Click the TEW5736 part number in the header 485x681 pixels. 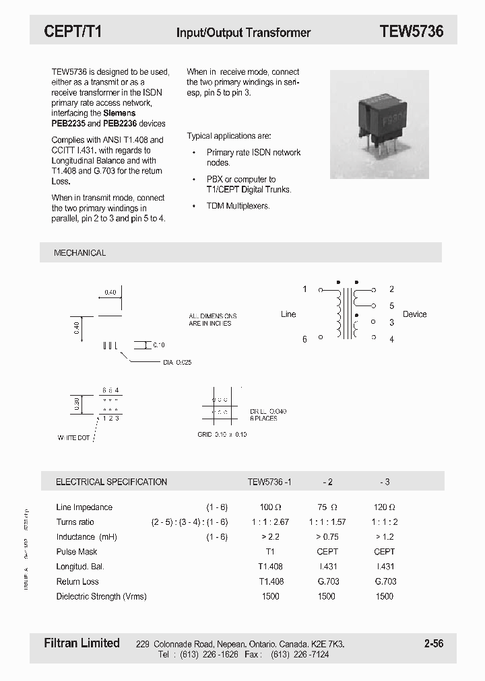click(x=411, y=31)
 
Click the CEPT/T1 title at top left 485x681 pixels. click(x=73, y=31)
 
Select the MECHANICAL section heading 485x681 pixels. click(x=79, y=253)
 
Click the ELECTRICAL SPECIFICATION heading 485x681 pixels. click(x=111, y=482)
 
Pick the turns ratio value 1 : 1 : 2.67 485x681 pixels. click(x=269, y=522)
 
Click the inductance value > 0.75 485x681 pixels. click(x=327, y=537)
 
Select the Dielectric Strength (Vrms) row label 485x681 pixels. click(x=101, y=596)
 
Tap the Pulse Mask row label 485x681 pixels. click(x=77, y=552)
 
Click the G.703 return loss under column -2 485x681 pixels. click(x=327, y=581)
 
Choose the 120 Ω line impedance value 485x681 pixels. click(x=384, y=507)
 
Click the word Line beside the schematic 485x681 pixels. click(x=288, y=314)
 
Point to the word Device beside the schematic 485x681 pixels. click(x=414, y=314)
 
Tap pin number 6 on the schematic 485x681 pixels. click(x=304, y=339)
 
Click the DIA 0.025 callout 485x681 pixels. click(x=177, y=363)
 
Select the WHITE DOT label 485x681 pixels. click(x=73, y=438)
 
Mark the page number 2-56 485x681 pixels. click(x=434, y=643)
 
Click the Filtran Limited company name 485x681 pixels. click(x=82, y=643)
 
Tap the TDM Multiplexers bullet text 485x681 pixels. click(x=238, y=206)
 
